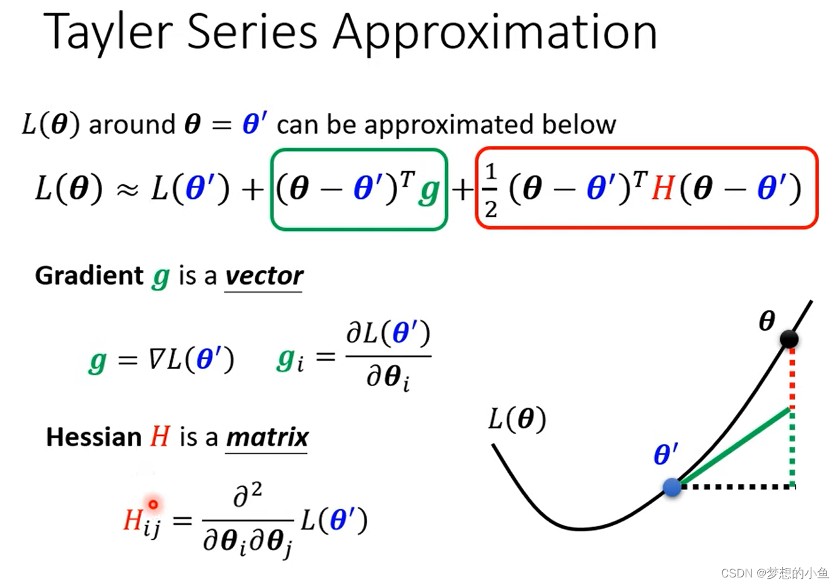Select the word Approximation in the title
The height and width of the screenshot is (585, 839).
(495, 33)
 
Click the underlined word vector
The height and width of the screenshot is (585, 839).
(264, 276)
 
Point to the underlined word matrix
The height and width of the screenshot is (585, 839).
(267, 437)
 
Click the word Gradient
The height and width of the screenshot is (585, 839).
(89, 276)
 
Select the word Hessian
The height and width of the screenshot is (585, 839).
(93, 437)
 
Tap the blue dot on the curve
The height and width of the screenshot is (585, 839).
(672, 487)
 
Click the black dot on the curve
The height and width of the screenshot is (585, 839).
(789, 339)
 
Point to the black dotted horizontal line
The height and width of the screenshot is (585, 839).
(738, 487)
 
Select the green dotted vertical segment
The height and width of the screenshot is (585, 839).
(792, 448)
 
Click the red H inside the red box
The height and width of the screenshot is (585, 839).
(663, 189)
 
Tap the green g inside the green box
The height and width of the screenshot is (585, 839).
(429, 190)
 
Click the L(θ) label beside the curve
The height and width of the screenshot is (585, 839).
(517, 419)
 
